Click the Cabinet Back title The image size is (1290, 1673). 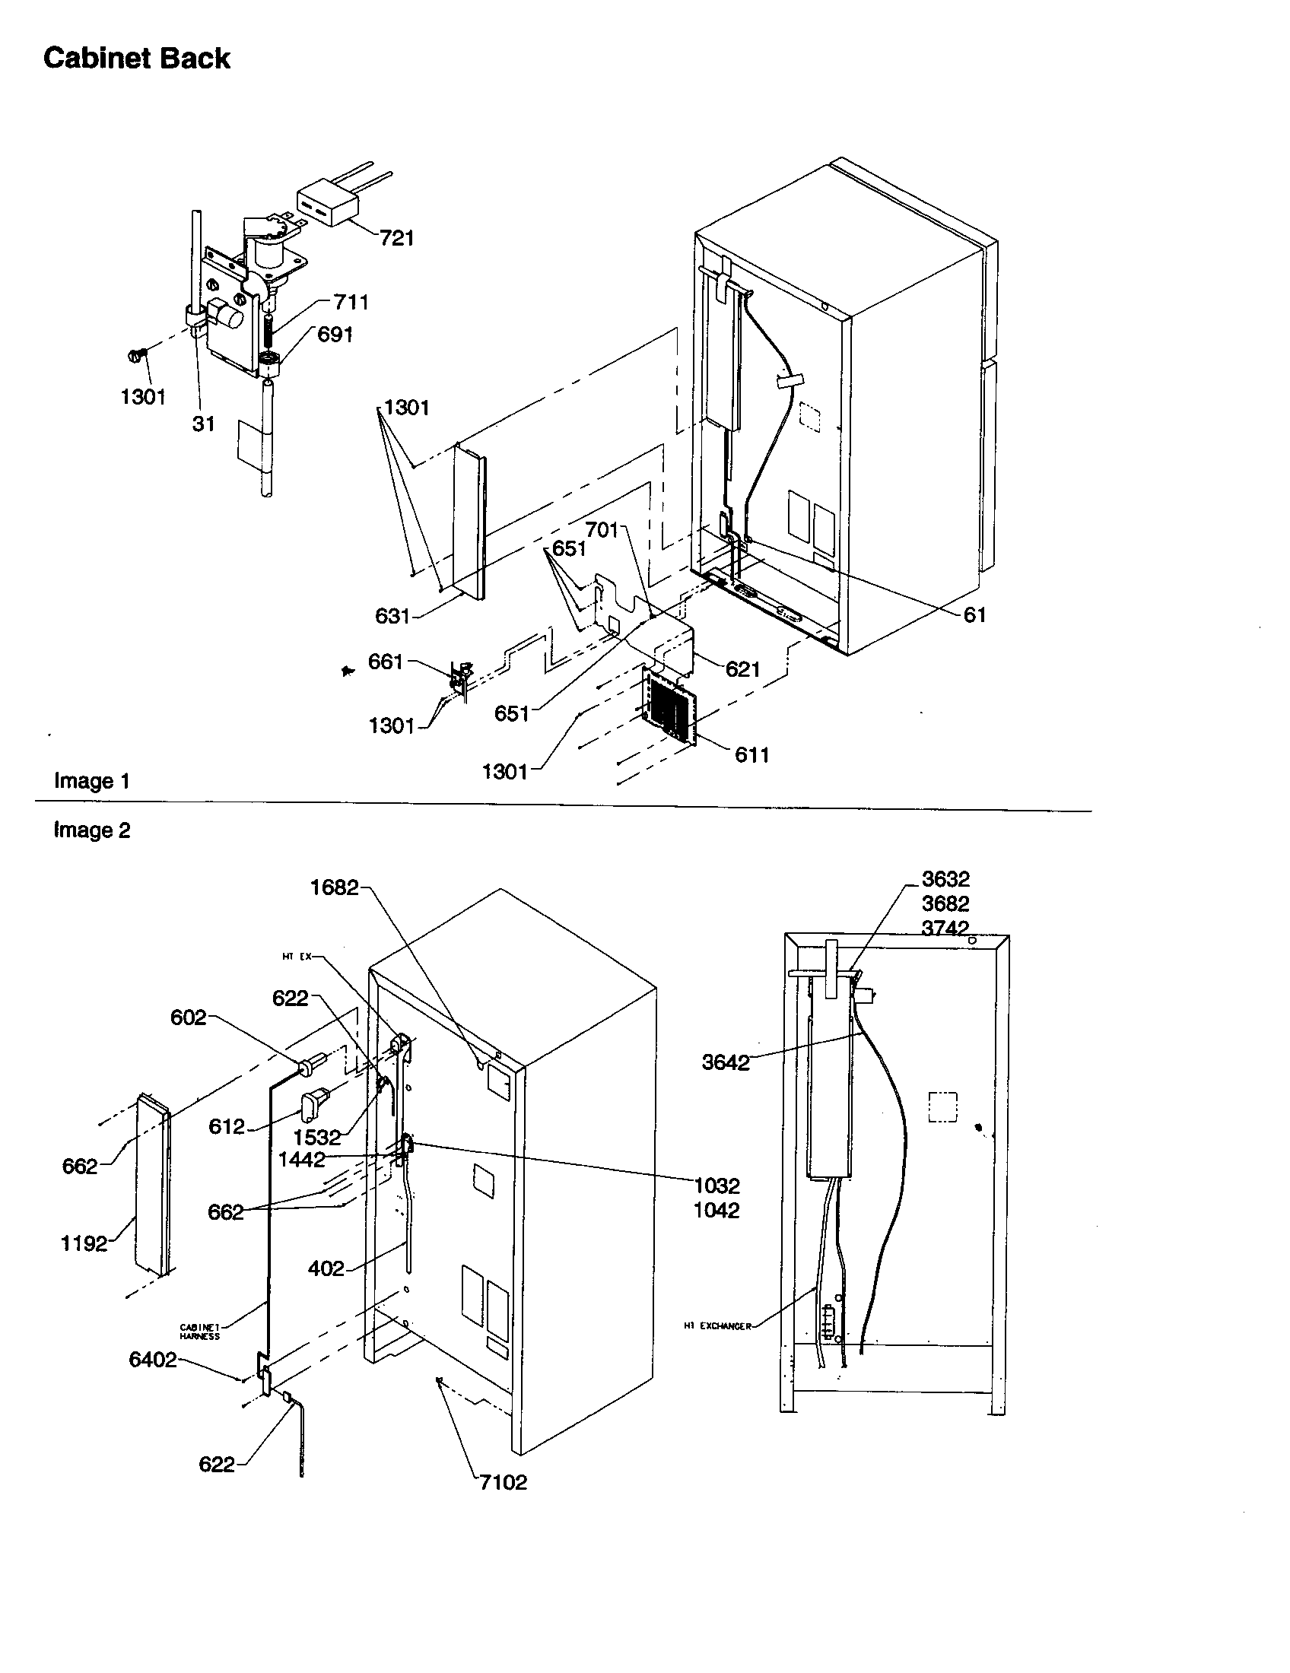[x=136, y=59]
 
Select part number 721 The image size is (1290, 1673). [x=396, y=238]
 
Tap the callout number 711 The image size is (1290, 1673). [x=351, y=303]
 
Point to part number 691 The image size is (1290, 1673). [x=335, y=335]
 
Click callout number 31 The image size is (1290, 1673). [x=203, y=424]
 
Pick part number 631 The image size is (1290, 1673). [x=392, y=616]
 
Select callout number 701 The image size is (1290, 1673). [x=602, y=530]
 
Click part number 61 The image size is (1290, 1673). [x=974, y=615]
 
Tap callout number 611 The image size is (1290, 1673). [x=751, y=755]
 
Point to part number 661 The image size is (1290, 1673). [x=386, y=661]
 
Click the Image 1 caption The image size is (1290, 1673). [x=92, y=781]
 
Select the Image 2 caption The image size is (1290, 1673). [x=92, y=830]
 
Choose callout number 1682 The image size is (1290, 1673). [x=334, y=887]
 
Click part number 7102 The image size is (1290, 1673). [x=504, y=1482]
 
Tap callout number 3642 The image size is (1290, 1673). [x=726, y=1062]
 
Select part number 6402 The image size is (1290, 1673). [x=152, y=1360]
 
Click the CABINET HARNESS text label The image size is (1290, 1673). [x=200, y=1332]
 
